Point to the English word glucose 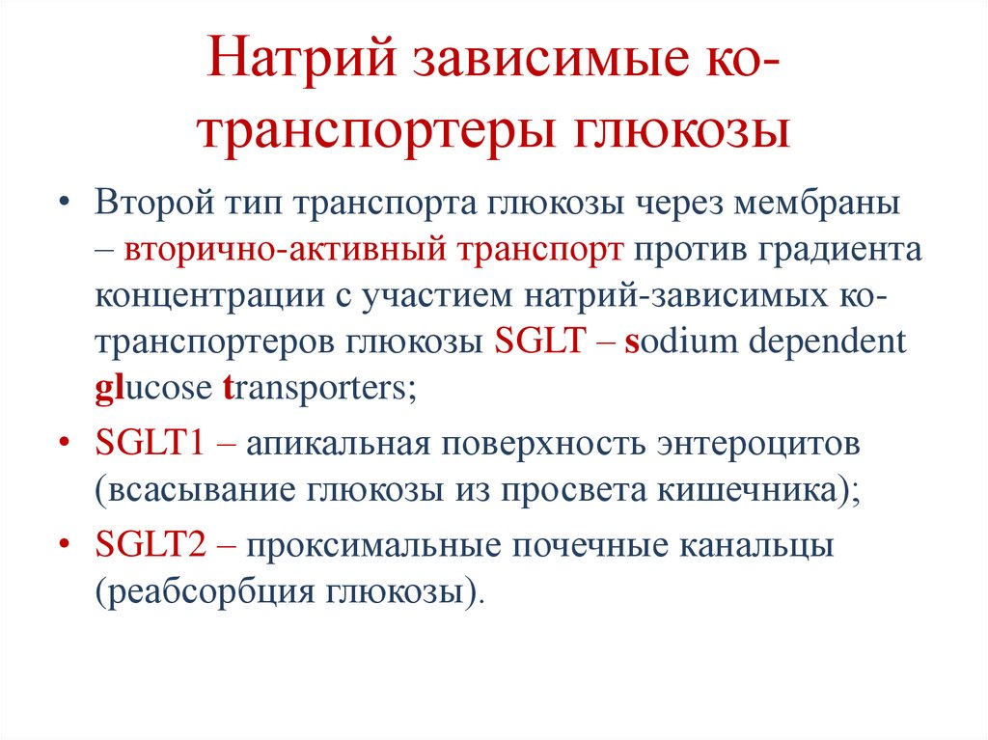point(146,389)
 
